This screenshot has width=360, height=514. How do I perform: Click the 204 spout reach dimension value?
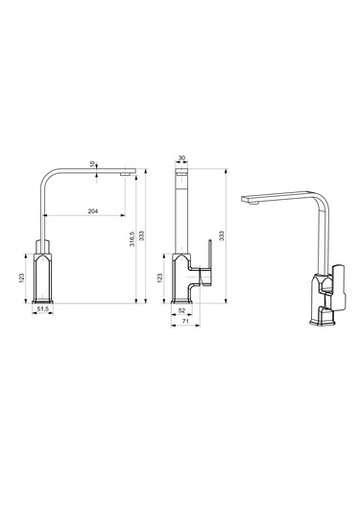click(x=93, y=211)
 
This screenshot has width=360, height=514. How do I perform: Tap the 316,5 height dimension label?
click(x=132, y=239)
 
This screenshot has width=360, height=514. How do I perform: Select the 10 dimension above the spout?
click(x=92, y=163)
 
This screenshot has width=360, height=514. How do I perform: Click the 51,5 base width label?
click(x=43, y=308)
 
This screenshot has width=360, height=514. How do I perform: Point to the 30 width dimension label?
click(x=181, y=158)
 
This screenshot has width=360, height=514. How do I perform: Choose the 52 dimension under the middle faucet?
click(x=181, y=310)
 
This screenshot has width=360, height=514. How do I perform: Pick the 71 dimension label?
click(x=185, y=322)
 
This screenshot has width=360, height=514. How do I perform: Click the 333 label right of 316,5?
click(x=141, y=236)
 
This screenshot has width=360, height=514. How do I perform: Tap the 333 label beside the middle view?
click(x=222, y=236)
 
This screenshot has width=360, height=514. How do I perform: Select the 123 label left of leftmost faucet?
click(x=22, y=278)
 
